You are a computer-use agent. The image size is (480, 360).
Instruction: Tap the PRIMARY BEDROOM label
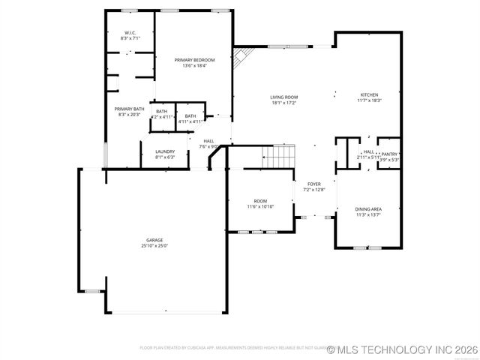194,60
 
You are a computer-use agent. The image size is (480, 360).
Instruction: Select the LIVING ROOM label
284,97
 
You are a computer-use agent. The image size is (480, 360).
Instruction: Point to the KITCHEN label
370,94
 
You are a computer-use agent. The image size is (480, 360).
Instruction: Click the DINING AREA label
368,209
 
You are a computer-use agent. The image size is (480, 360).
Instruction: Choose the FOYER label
313,184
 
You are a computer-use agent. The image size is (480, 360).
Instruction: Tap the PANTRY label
389,154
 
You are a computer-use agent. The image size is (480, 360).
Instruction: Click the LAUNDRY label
165,151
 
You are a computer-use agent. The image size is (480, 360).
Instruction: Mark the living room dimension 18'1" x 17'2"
284,103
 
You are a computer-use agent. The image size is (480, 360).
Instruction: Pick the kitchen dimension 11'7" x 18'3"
370,100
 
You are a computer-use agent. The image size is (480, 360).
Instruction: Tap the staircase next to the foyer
279,157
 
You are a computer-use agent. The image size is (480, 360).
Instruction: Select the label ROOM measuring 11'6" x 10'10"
260,201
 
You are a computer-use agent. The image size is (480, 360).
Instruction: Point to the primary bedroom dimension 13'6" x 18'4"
194,66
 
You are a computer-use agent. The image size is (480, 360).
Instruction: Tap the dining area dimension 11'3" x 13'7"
368,215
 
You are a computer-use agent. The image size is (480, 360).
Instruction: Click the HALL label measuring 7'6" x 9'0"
208,140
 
